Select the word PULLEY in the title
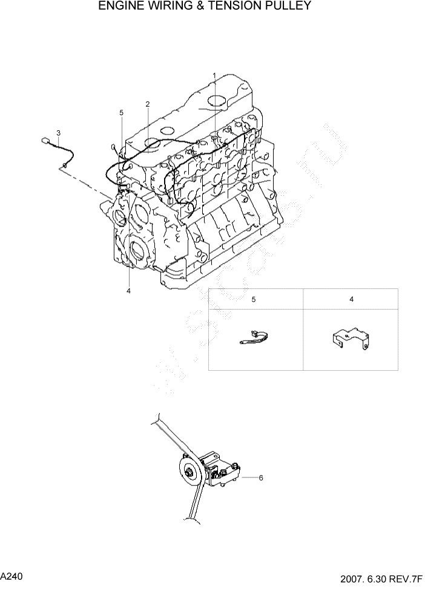point(287,7)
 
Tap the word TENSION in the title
point(234,7)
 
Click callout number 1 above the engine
point(214,75)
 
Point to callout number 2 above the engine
point(148,104)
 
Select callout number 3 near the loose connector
point(58,133)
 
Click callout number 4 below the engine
point(128,291)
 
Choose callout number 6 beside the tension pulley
point(261,478)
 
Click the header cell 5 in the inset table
point(254,299)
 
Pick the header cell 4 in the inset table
point(351,299)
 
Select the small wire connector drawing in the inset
point(254,337)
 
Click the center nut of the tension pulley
point(189,471)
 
